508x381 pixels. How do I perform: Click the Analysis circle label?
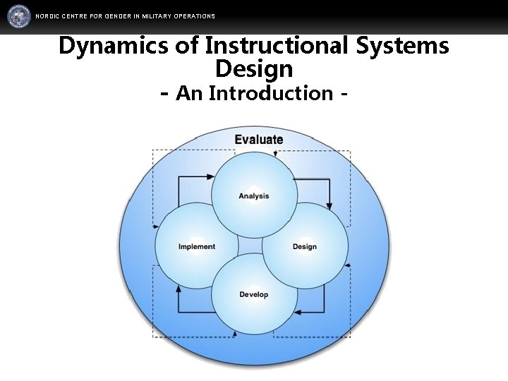click(253, 195)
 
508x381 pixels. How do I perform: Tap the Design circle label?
click(304, 246)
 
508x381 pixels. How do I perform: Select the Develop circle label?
click(253, 294)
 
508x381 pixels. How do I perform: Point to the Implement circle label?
click(197, 246)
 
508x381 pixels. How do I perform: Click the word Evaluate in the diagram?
click(258, 140)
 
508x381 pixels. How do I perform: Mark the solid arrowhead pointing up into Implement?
click(178, 289)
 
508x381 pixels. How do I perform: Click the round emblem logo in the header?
click(20, 16)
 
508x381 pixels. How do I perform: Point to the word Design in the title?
click(254, 69)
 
